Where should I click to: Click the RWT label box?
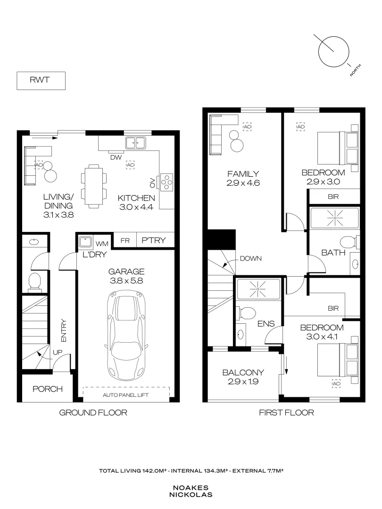pyautogui.click(x=41, y=81)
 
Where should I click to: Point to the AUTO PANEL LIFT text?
pyautogui.click(x=126, y=395)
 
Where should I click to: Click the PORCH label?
pyautogui.click(x=48, y=389)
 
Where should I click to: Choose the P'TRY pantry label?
pyautogui.click(x=154, y=240)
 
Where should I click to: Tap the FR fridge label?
pyautogui.click(x=125, y=240)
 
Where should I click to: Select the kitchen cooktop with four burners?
pyautogui.click(x=167, y=181)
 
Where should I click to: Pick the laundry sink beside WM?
pyautogui.click(x=85, y=242)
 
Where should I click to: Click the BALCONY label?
pyautogui.click(x=243, y=372)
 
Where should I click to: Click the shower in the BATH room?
pyautogui.click(x=334, y=218)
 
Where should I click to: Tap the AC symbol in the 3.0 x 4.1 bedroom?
pyautogui.click(x=336, y=384)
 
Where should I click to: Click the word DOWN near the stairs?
pyautogui.click(x=250, y=258)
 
